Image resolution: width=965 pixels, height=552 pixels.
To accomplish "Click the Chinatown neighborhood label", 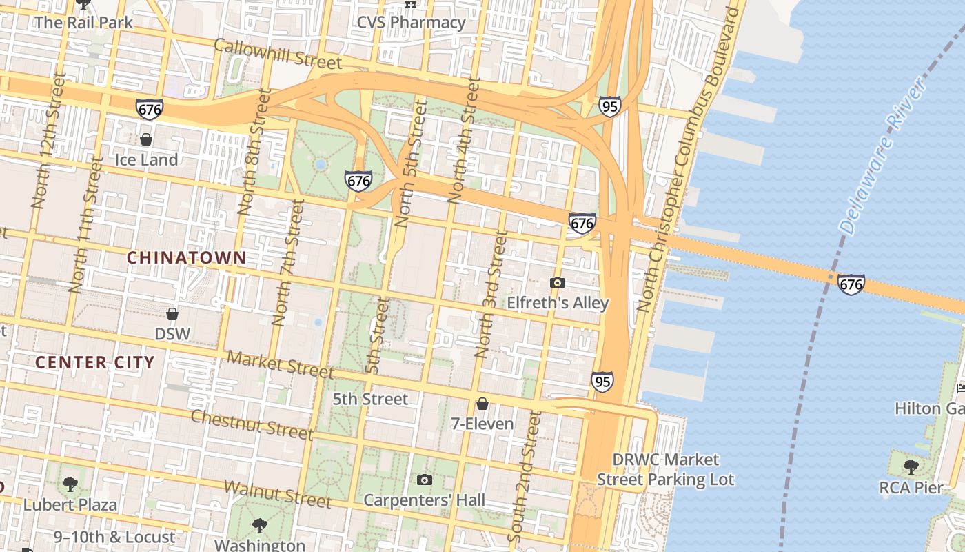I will pyautogui.click(x=186, y=257).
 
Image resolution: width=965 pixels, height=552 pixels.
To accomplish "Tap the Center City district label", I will pyautogui.click(x=95, y=362).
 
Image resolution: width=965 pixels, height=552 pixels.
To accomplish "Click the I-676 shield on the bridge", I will pyautogui.click(x=851, y=284).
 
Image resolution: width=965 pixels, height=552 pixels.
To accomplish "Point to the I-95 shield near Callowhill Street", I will pyautogui.click(x=609, y=106).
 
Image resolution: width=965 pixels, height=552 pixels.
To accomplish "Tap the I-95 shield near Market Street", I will pyautogui.click(x=602, y=381).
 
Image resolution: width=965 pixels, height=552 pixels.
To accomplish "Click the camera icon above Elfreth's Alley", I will pyautogui.click(x=558, y=282).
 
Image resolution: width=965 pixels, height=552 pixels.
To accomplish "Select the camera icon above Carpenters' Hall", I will pyautogui.click(x=425, y=480).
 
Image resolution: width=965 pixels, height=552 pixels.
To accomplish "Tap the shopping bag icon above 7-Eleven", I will pyautogui.click(x=482, y=403).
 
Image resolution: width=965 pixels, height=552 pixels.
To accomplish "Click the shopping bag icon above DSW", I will pyautogui.click(x=172, y=314).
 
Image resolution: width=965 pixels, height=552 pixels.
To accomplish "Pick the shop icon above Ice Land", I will pyautogui.click(x=146, y=139).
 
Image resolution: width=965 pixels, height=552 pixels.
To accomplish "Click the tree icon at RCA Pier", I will pyautogui.click(x=911, y=467).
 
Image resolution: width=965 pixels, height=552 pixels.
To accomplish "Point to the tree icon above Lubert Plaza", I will pyautogui.click(x=70, y=484).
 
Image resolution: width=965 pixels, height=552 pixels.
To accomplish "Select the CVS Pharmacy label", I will pyautogui.click(x=411, y=22).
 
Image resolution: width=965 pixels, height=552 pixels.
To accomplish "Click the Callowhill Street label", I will pyautogui.click(x=277, y=54).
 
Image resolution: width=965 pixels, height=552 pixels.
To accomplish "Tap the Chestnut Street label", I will pyautogui.click(x=252, y=424).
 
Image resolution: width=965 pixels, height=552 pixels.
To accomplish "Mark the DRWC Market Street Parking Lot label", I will pyautogui.click(x=665, y=469).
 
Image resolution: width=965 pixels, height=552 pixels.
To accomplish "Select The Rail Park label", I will pyautogui.click(x=83, y=22).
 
